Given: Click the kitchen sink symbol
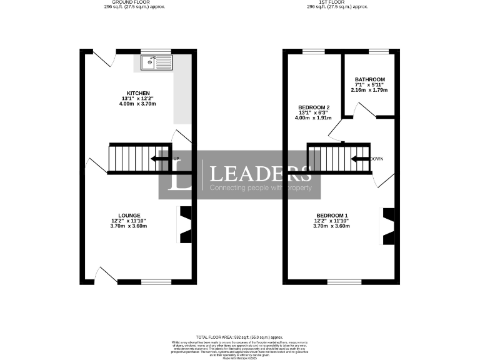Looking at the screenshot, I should pyautogui.click(x=157, y=62).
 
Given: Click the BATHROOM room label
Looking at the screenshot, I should pyautogui.click(x=369, y=79).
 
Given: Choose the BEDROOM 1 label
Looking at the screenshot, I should pyautogui.click(x=331, y=216).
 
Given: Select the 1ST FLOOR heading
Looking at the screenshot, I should pyautogui.click(x=337, y=2).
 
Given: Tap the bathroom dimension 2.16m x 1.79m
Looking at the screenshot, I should pyautogui.click(x=369, y=90).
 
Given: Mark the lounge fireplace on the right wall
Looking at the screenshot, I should pyautogui.click(x=186, y=224).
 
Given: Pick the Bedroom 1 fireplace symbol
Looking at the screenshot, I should pyautogui.click(x=388, y=224).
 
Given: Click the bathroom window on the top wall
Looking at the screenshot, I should pyautogui.click(x=378, y=51).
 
